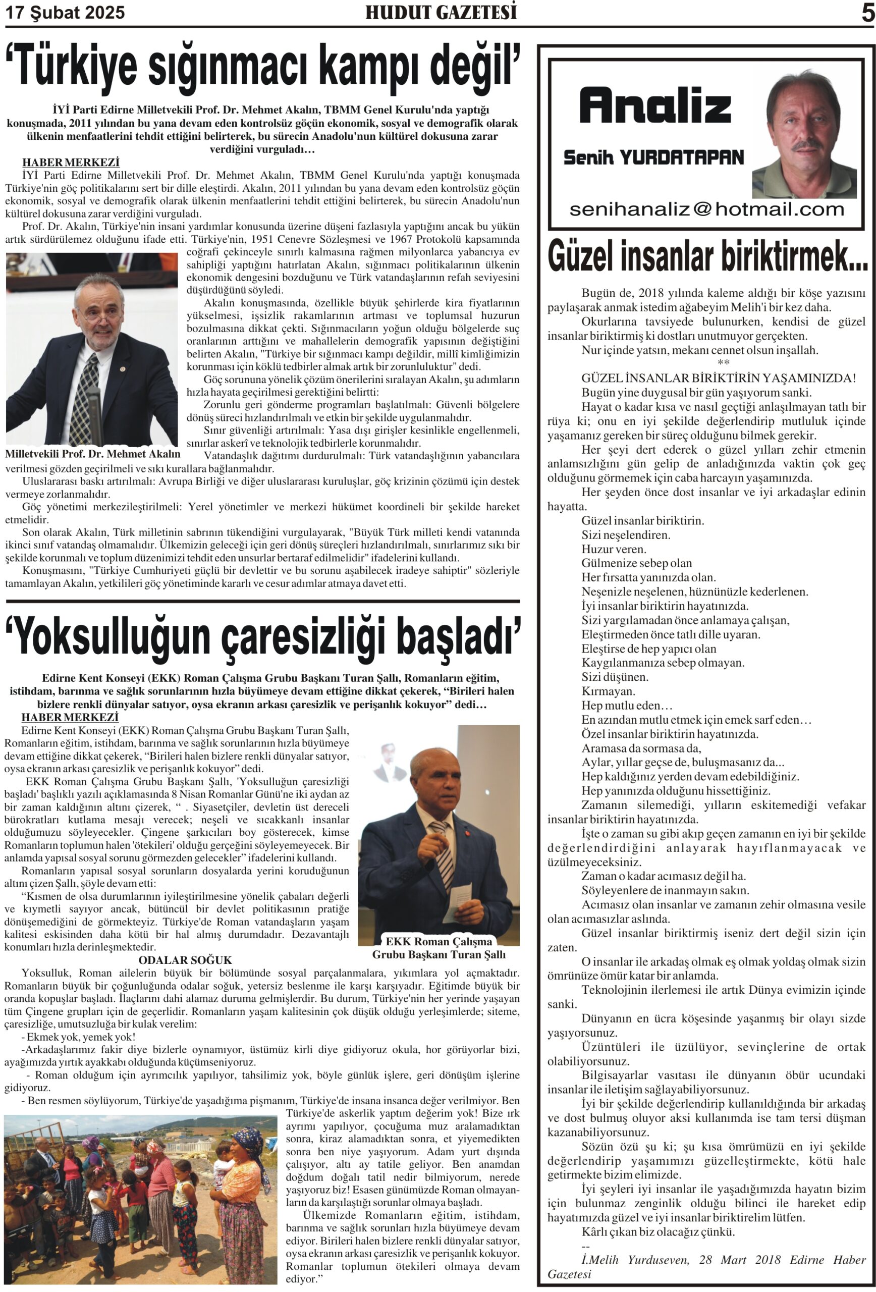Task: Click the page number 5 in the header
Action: (867, 12)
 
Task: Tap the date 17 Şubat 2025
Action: (65, 12)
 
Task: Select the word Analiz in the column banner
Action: (655, 105)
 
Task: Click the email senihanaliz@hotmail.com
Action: (706, 209)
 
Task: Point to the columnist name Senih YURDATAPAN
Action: (653, 157)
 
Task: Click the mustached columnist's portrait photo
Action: (804, 133)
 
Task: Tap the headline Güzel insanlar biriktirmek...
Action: (706, 256)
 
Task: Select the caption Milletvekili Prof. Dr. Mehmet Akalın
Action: (92, 454)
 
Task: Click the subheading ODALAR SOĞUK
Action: (185, 960)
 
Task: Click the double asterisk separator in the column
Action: (723, 363)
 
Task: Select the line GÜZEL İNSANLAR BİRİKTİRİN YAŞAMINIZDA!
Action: (718, 378)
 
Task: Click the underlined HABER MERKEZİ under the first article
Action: (71, 163)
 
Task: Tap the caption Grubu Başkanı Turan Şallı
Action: (439, 954)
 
